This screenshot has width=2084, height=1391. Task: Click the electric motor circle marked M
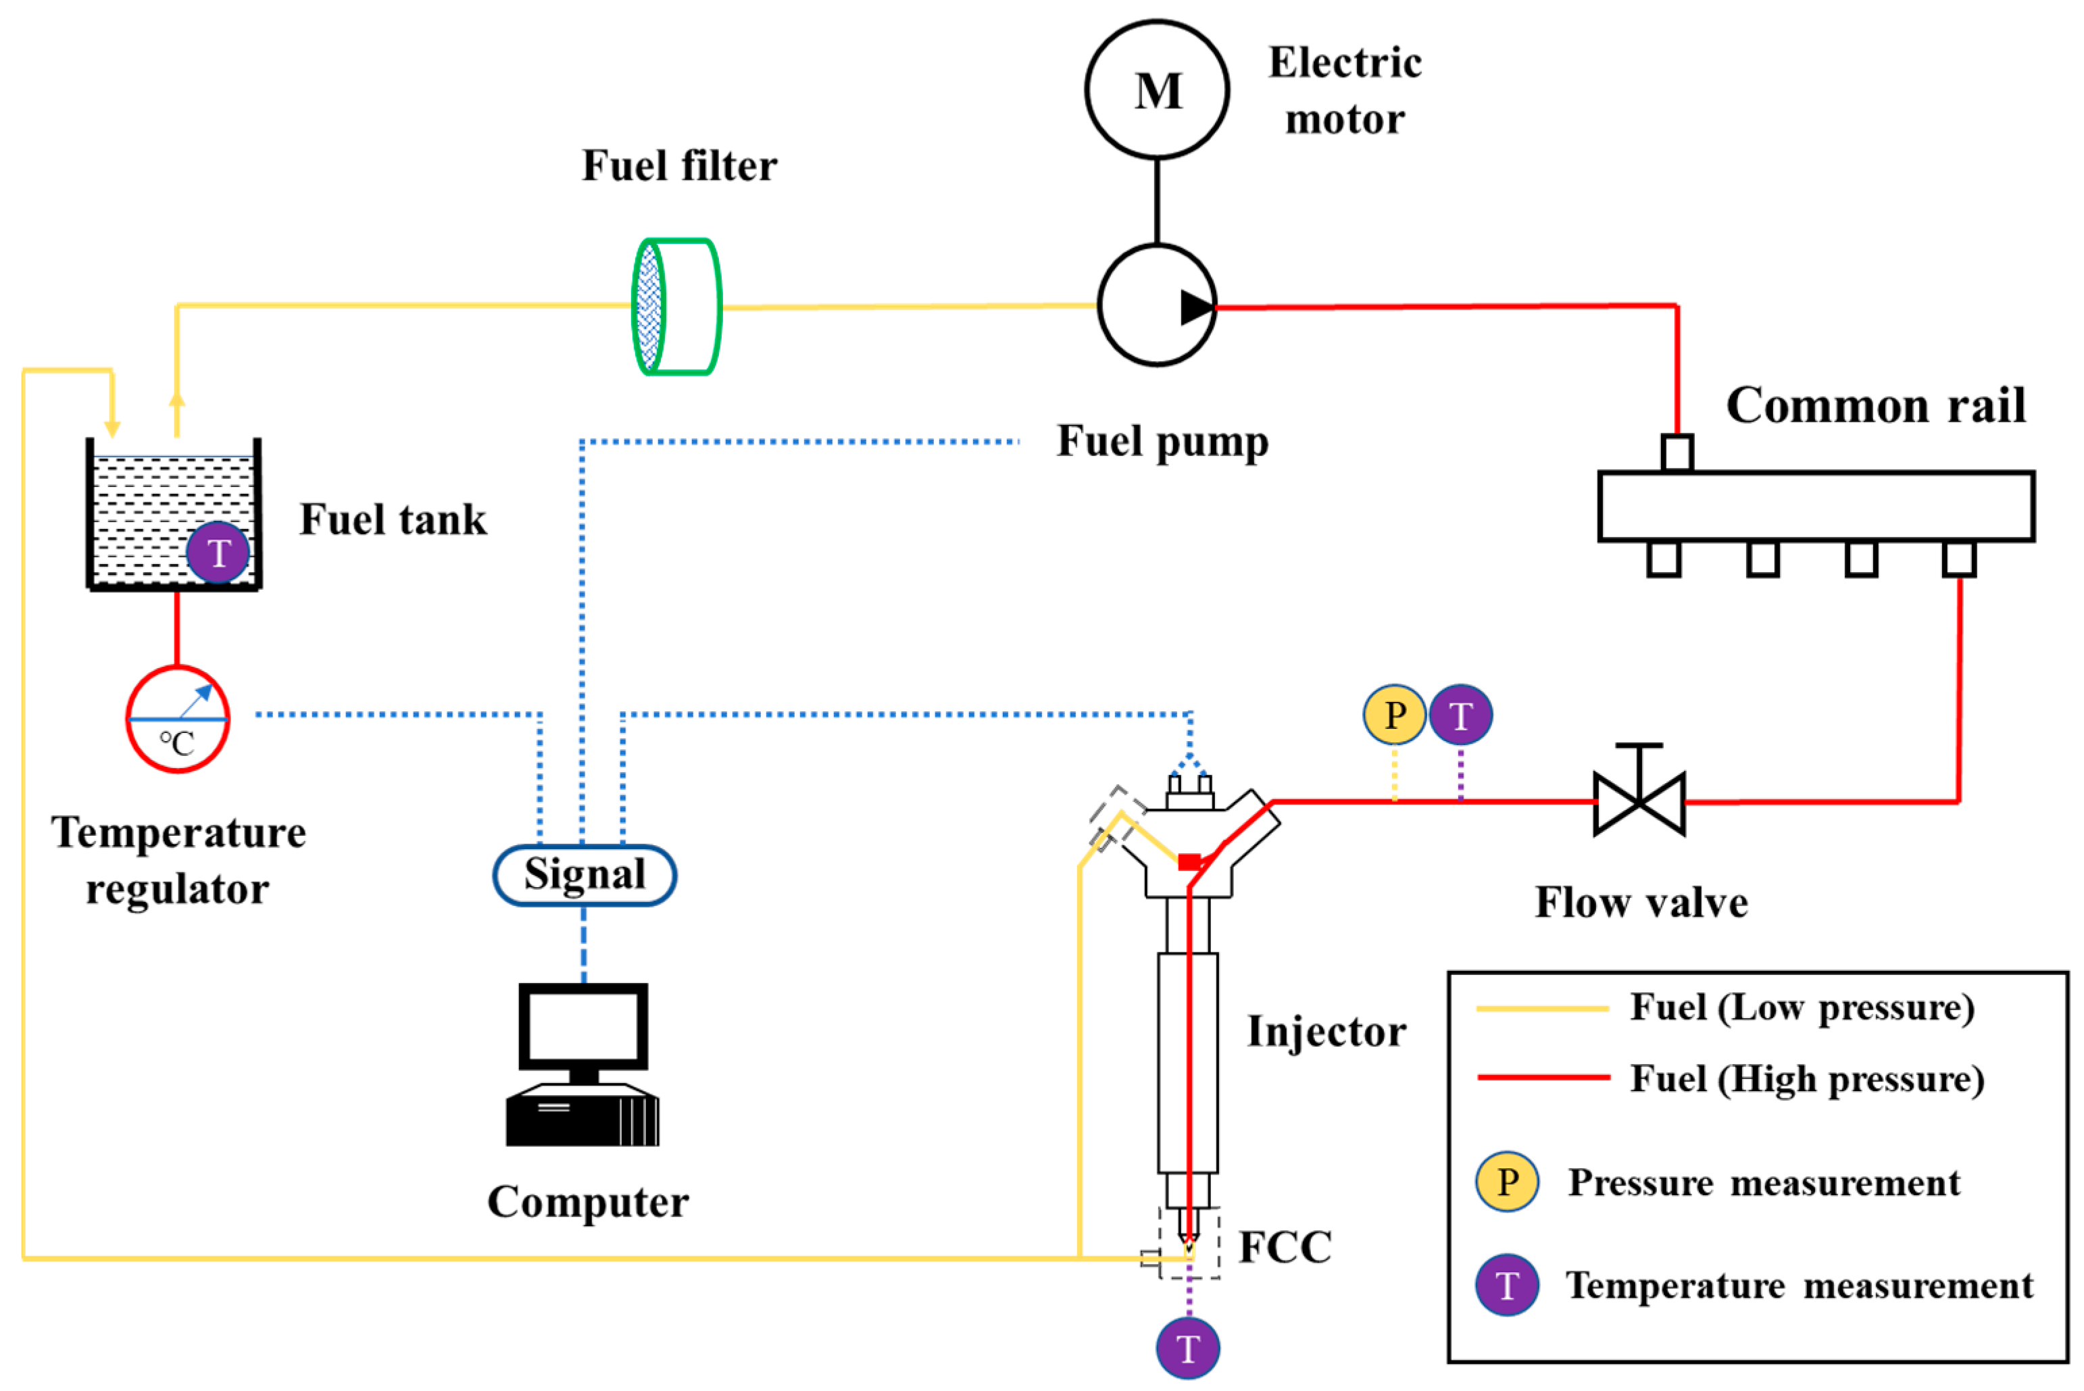(x=1156, y=90)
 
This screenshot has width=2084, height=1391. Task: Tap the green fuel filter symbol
(x=676, y=307)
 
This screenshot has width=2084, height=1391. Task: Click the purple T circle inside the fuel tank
(x=218, y=553)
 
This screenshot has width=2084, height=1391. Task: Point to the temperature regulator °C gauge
(x=178, y=719)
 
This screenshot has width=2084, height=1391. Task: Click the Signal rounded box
(x=585, y=875)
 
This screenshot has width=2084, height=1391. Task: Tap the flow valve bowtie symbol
(x=1639, y=802)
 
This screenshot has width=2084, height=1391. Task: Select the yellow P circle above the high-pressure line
(x=1394, y=714)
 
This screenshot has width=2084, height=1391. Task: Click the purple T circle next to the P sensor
(x=1460, y=715)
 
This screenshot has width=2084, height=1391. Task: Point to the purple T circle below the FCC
(x=1188, y=1348)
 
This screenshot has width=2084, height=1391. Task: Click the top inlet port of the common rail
(x=1677, y=453)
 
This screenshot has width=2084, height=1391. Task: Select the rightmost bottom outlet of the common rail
(x=1959, y=559)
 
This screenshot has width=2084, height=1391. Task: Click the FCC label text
(x=1285, y=1246)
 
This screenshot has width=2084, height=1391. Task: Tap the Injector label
(x=1326, y=1031)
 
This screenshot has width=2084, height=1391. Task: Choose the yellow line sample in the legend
(x=1542, y=1009)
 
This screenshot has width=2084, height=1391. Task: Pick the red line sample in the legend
(x=1543, y=1078)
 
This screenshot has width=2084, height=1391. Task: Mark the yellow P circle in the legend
(x=1506, y=1182)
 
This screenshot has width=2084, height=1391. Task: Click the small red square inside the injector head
(x=1189, y=861)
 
